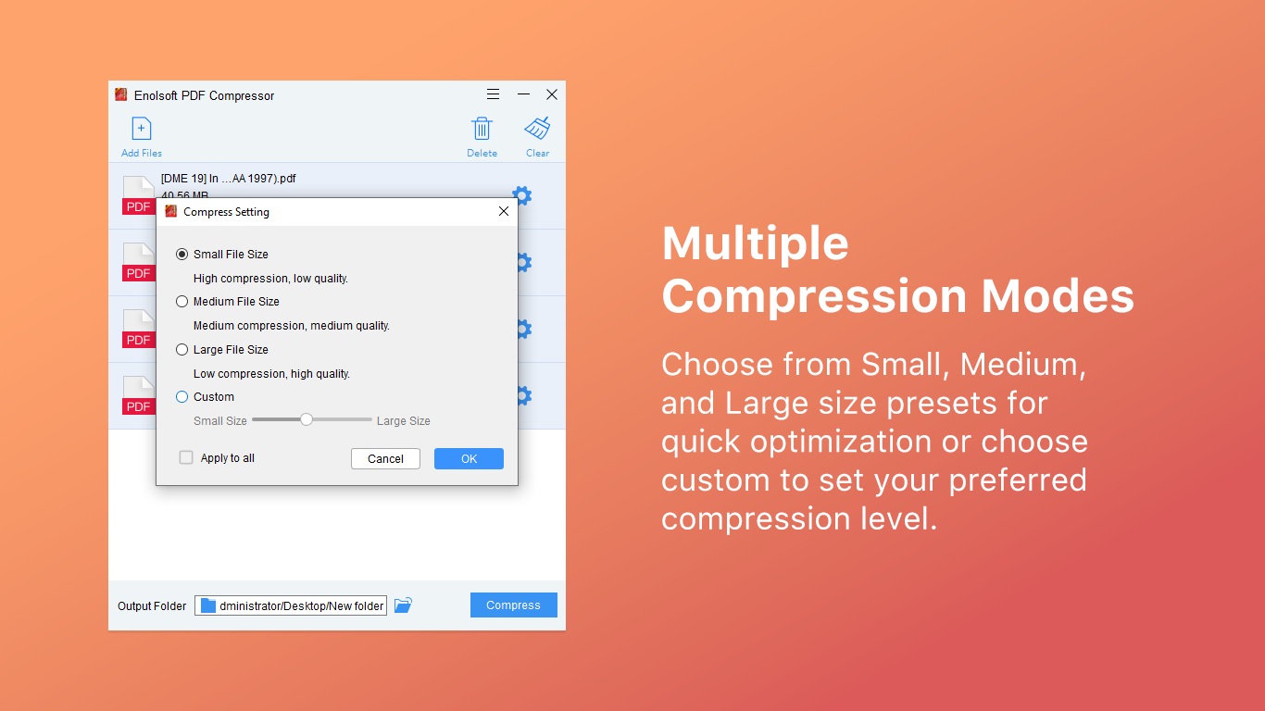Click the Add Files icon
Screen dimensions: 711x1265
click(x=141, y=129)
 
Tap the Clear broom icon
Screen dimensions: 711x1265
click(x=537, y=129)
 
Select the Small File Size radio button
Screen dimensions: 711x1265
click(x=182, y=255)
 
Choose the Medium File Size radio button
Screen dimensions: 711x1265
click(x=182, y=302)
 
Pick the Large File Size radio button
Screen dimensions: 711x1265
click(x=182, y=350)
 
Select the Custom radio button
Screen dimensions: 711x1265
click(x=182, y=397)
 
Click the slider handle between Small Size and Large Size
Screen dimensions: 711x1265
click(x=307, y=419)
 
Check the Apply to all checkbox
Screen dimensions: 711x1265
click(x=186, y=457)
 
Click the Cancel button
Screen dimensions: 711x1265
click(x=385, y=458)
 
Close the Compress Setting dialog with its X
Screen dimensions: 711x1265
click(x=504, y=211)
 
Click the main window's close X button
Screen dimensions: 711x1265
click(x=552, y=94)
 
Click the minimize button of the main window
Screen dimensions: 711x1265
click(x=523, y=94)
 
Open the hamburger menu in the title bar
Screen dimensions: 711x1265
click(x=494, y=94)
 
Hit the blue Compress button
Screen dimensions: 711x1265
click(x=513, y=605)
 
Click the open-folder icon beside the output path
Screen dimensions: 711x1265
click(x=403, y=605)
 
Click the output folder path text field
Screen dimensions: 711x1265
click(x=291, y=605)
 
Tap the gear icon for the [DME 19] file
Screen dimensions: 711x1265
click(x=522, y=195)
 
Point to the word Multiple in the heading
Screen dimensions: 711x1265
click(x=755, y=243)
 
